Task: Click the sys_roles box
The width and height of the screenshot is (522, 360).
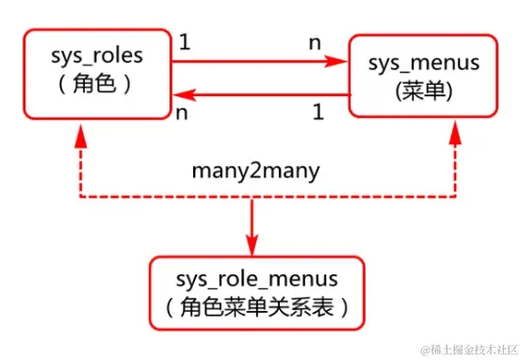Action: click(x=95, y=73)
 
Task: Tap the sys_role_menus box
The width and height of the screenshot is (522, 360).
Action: click(x=255, y=292)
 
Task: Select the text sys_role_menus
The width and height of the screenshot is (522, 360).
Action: click(x=256, y=280)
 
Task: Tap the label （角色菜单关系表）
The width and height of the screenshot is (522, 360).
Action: click(x=256, y=307)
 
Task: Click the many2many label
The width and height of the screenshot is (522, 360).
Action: click(x=254, y=171)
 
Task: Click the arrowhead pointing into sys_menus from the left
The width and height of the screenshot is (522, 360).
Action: click(x=336, y=61)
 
